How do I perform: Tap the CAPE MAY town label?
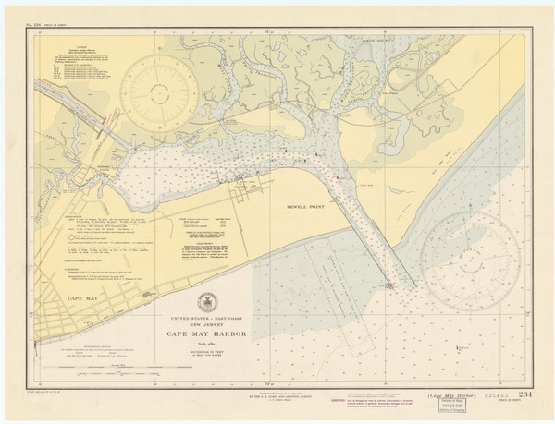click(x=59, y=299)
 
